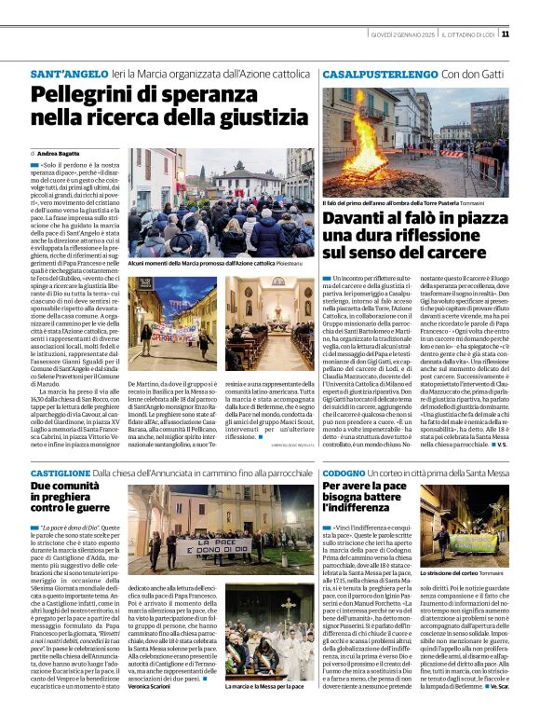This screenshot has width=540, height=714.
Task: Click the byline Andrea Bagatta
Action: click(x=58, y=152)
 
